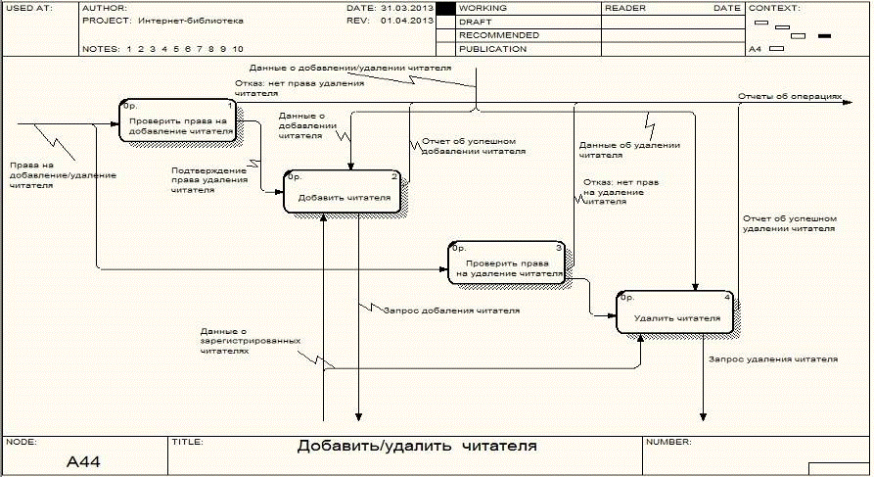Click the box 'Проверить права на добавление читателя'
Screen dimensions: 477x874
tap(177, 121)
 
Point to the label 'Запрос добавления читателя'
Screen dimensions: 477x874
tap(450, 310)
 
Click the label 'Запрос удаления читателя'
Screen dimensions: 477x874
tap(773, 359)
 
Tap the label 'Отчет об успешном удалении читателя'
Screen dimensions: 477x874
tap(789, 222)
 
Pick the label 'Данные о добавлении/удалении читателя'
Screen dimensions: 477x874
tap(349, 70)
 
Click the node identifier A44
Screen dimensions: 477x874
tap(83, 460)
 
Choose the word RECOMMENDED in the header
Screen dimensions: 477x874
tap(498, 34)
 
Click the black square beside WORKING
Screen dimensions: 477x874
tap(445, 8)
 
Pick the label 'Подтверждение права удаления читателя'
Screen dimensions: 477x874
tap(209, 180)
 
